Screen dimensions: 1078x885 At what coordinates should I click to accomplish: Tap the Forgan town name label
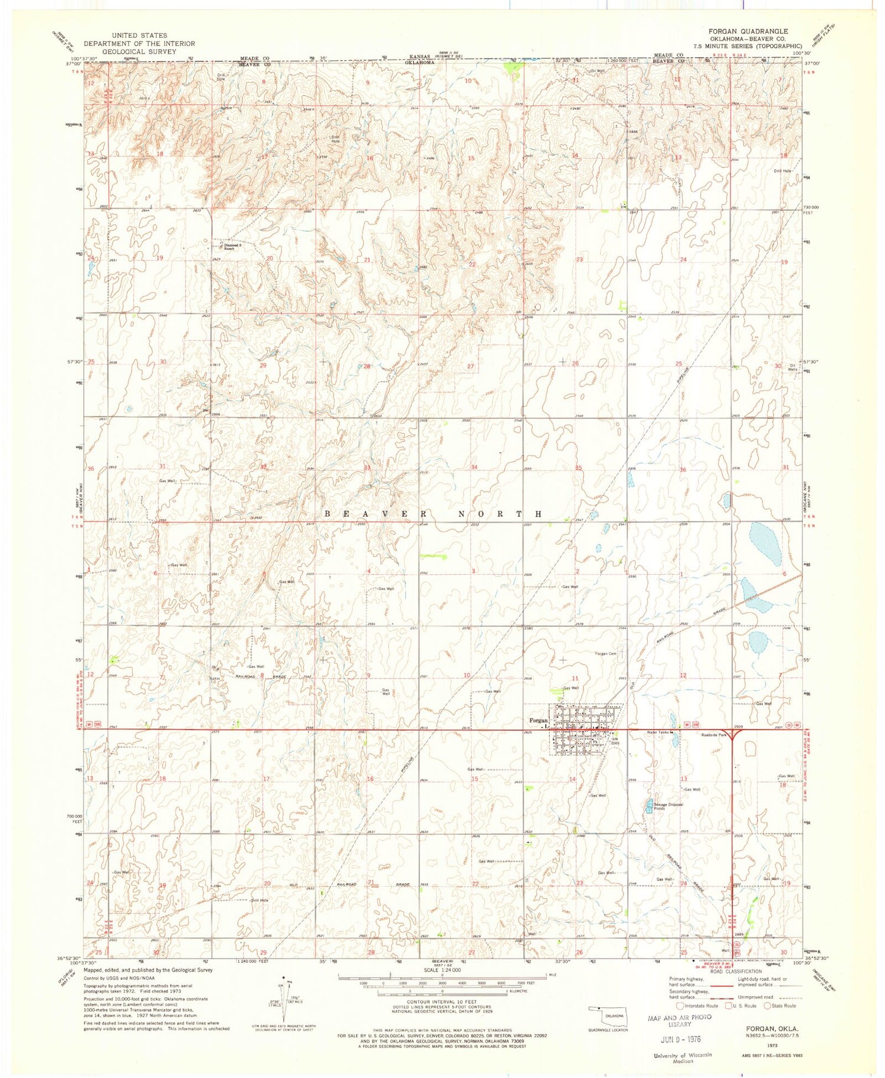coord(538,720)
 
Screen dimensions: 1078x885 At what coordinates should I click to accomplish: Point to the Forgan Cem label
coord(605,653)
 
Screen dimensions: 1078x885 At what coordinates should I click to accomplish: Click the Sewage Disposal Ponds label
coord(667,807)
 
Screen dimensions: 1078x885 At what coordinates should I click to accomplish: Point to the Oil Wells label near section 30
coord(794,367)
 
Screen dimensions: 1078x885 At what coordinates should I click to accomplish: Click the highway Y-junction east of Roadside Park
coord(732,735)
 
